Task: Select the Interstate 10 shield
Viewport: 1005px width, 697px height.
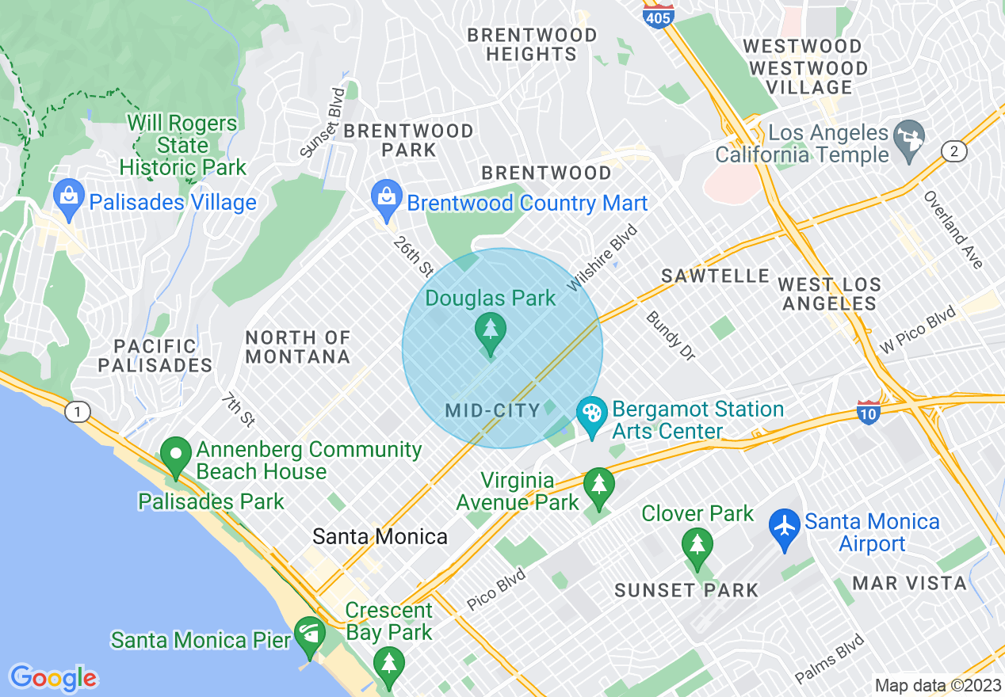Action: (869, 412)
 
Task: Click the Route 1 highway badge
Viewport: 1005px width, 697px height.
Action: (77, 411)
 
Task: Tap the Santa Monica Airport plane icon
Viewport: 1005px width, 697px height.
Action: (785, 529)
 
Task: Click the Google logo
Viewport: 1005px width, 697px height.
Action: (53, 678)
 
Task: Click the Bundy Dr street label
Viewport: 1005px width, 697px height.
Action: (670, 336)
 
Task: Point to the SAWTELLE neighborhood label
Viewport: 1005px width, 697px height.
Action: (716, 276)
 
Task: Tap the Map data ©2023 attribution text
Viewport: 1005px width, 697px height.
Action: (936, 685)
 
